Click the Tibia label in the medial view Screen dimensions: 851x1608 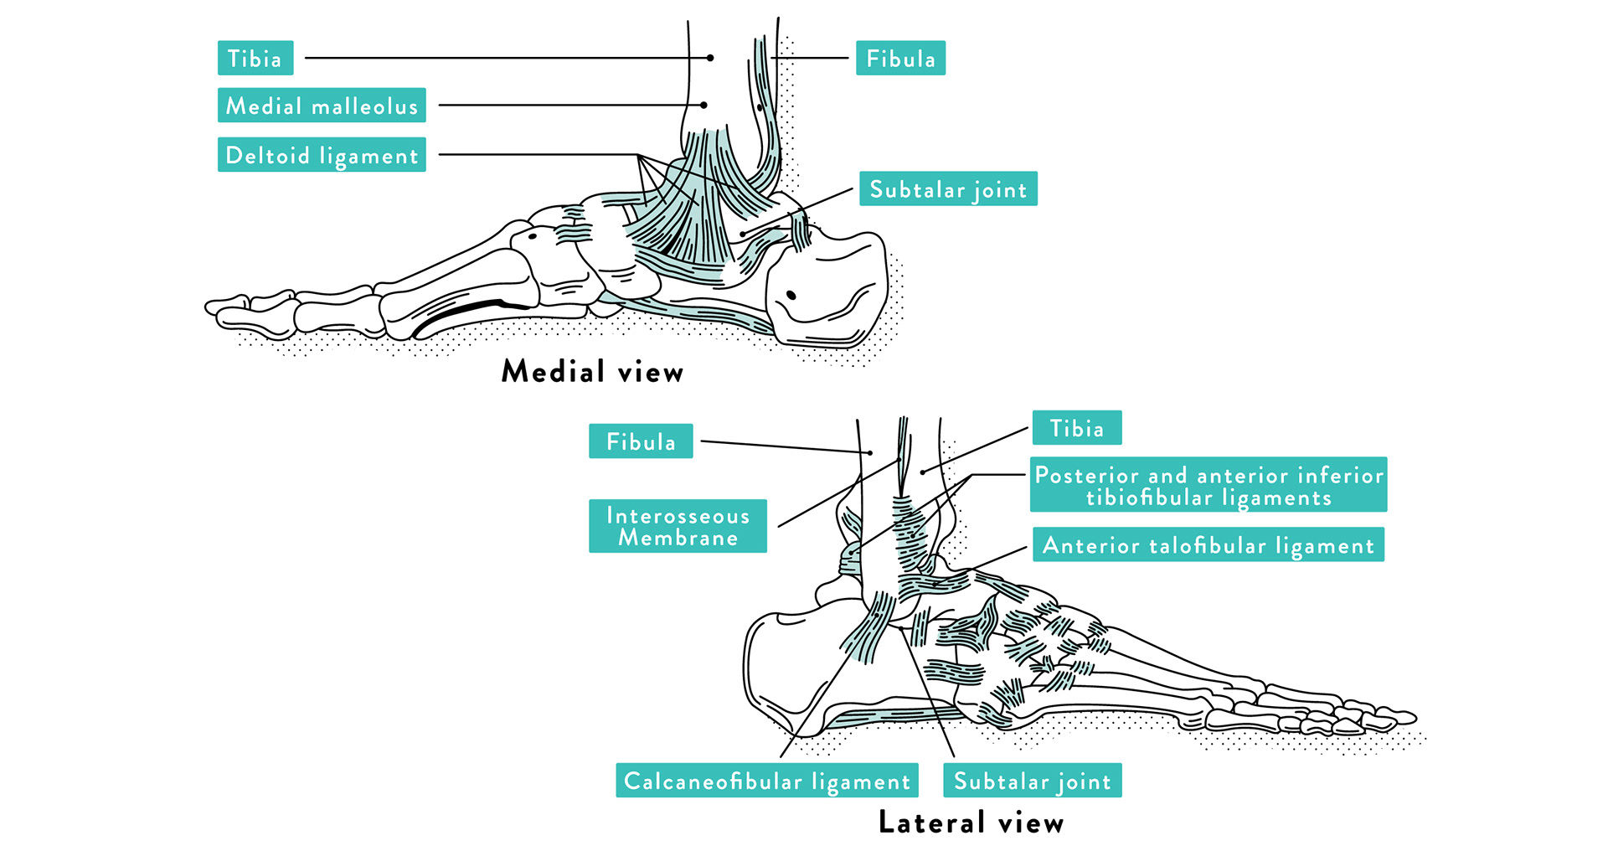point(255,58)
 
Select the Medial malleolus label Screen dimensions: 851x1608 point(322,106)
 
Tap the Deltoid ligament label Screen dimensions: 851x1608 point(322,155)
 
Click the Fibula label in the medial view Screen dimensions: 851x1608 point(900,59)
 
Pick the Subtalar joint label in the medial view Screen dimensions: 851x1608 point(948,189)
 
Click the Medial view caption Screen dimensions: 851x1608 point(592,371)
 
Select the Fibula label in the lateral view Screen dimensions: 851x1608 point(641,441)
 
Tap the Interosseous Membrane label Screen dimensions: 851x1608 point(678,526)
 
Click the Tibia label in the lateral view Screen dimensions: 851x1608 point(1076,428)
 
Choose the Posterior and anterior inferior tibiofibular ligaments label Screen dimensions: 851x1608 point(1208,485)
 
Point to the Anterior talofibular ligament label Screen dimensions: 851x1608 point(1208,545)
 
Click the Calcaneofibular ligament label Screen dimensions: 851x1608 point(766,781)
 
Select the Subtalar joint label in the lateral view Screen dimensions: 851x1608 point(1032,781)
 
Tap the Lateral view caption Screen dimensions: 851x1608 point(971,822)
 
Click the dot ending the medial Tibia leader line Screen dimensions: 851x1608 point(710,58)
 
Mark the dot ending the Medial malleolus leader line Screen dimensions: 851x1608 point(704,106)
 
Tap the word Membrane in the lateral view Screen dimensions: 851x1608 point(678,538)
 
